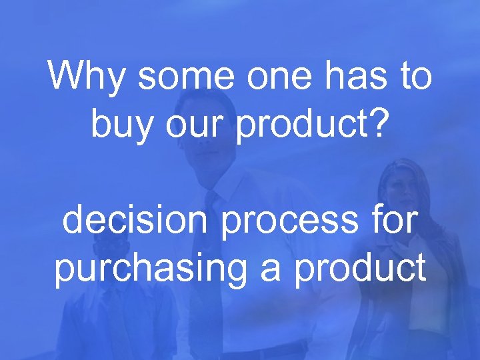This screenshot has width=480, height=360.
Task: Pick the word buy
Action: pyautogui.click(x=120, y=125)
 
